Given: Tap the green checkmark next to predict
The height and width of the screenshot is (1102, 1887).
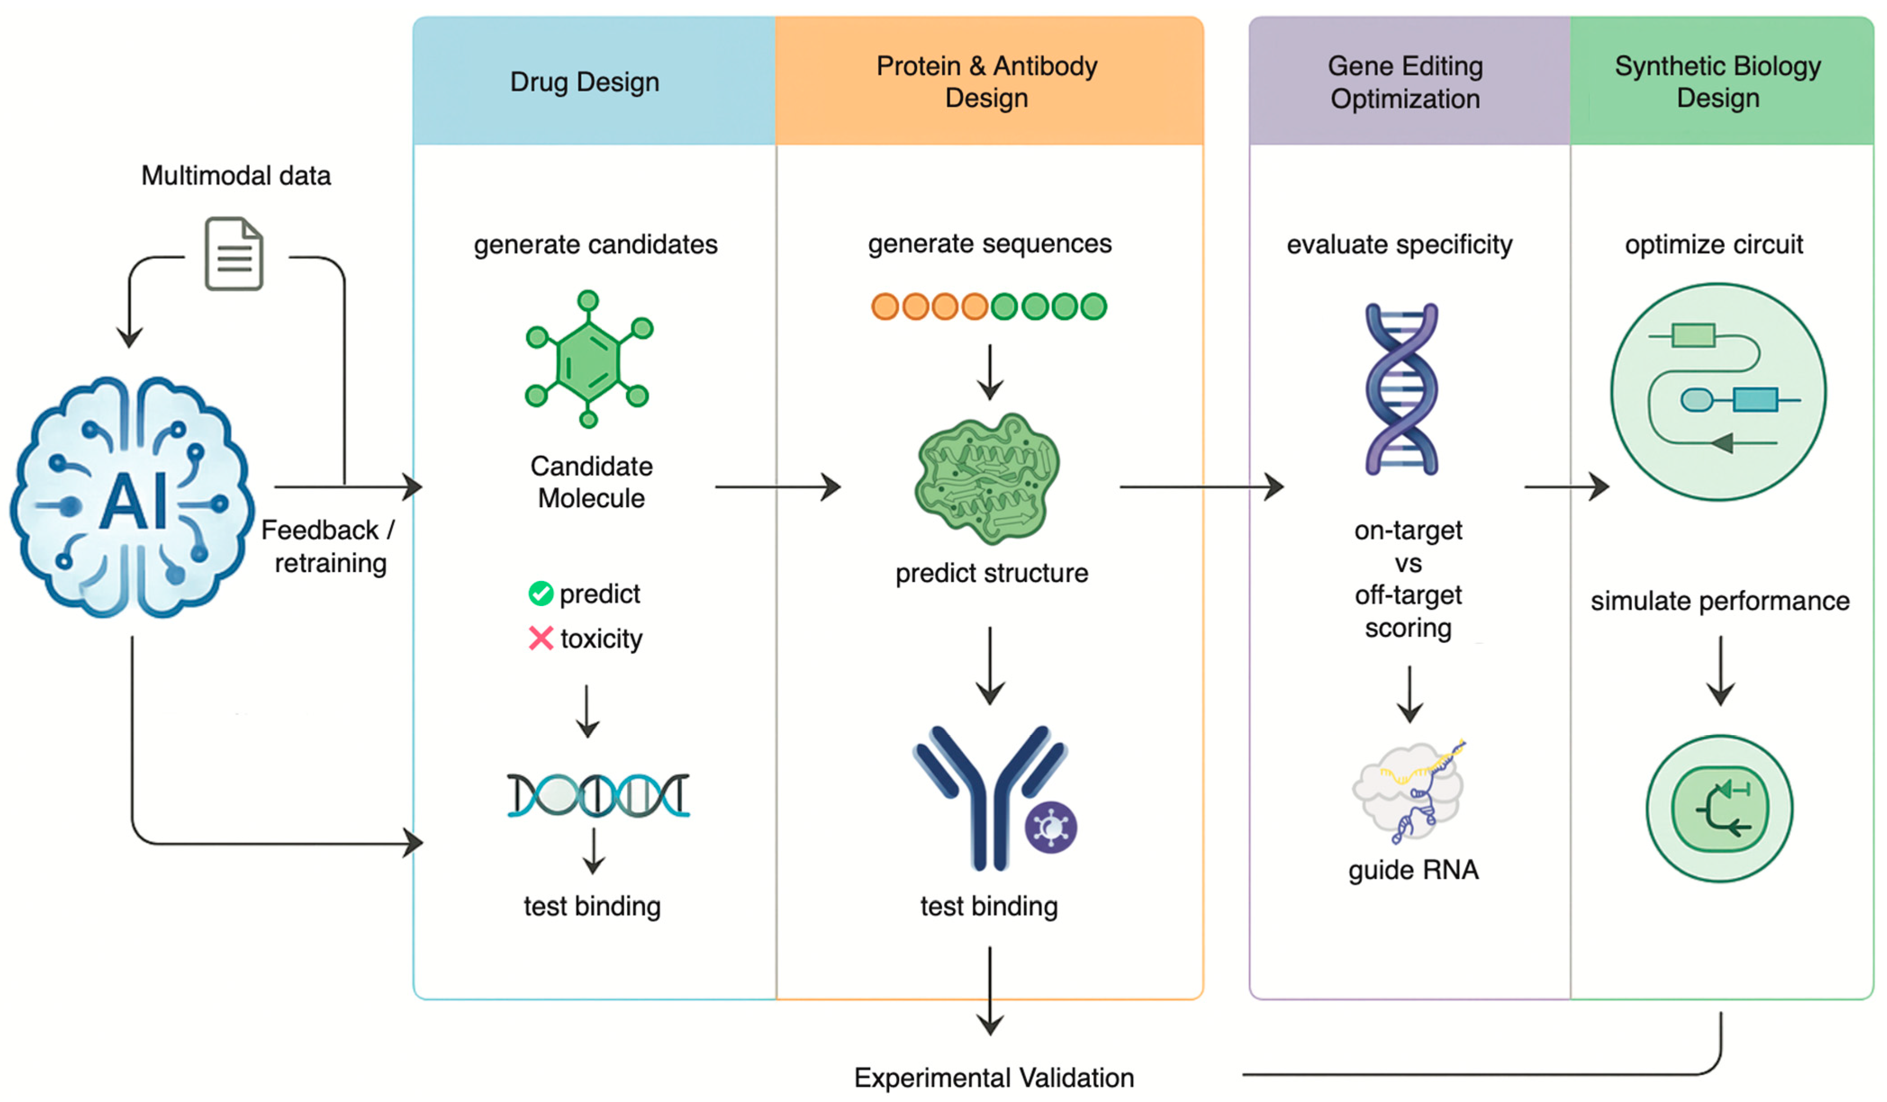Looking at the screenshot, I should pos(540,594).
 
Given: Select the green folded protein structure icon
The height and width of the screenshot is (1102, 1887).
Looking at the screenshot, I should pos(987,479).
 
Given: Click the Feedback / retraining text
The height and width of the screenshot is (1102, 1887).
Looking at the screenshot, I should pos(329,547).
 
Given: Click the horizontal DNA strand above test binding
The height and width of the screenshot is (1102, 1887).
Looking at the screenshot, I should pos(597,795).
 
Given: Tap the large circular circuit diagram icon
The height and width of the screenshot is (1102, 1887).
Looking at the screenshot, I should pos(1718,391).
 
